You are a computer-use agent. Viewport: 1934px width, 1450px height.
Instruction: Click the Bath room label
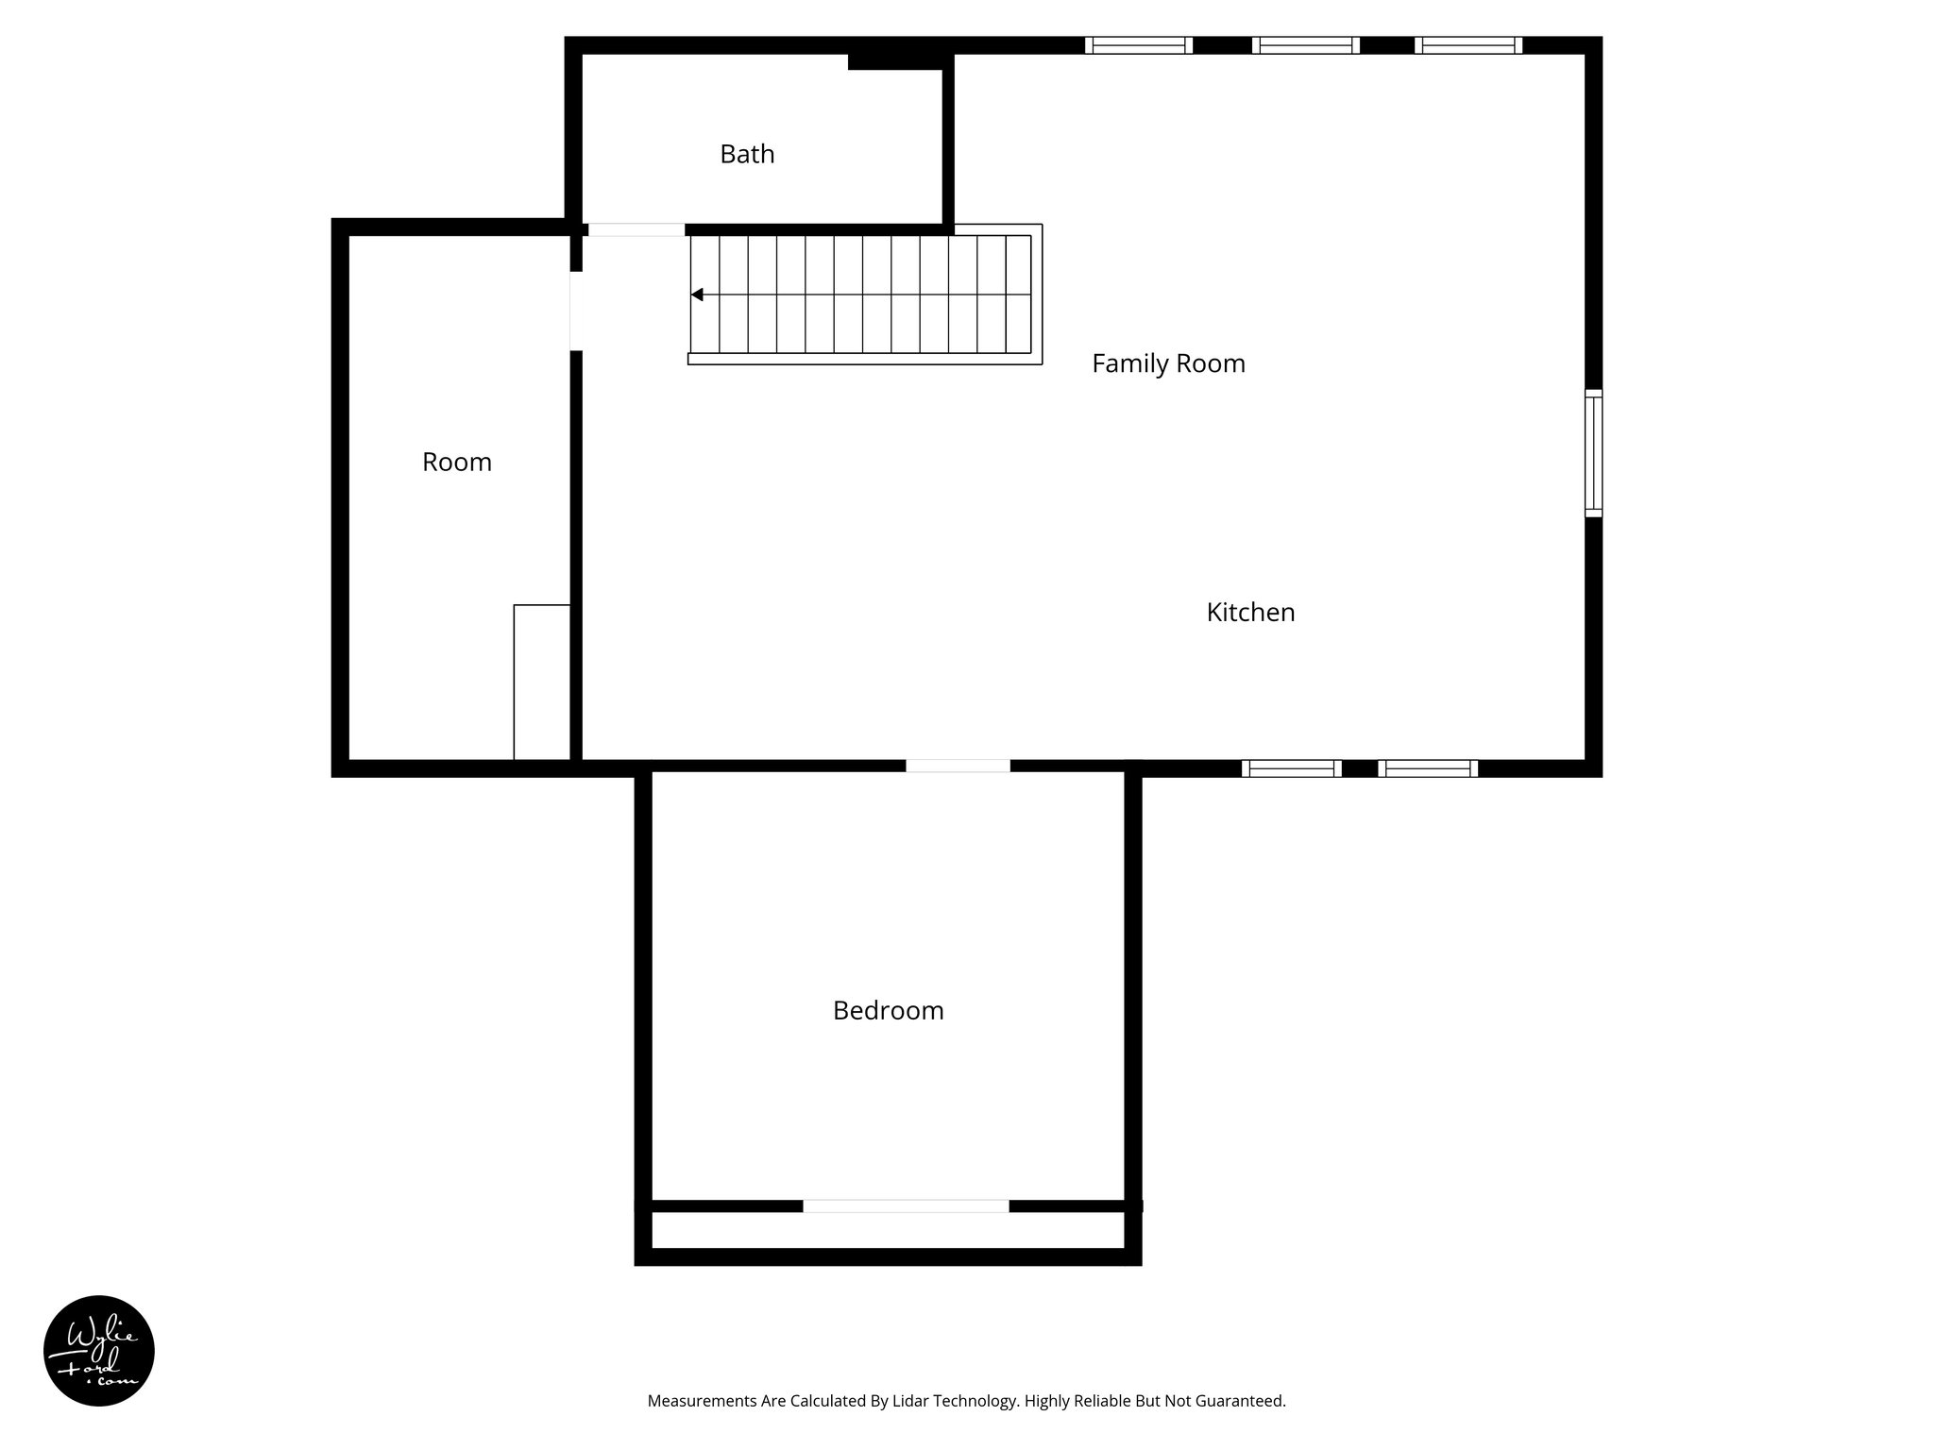[x=747, y=154]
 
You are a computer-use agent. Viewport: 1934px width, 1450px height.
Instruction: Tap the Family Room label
[x=1168, y=363]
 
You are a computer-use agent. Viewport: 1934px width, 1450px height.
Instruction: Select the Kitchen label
[x=1250, y=613]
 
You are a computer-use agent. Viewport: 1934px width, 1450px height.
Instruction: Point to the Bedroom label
[x=888, y=1011]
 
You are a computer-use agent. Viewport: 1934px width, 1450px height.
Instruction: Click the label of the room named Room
[x=457, y=463]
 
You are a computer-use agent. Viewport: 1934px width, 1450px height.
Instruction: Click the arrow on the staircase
[x=697, y=295]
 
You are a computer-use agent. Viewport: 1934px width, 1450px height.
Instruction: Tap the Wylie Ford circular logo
[x=99, y=1350]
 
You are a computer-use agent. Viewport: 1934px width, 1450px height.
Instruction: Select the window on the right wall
[x=1593, y=453]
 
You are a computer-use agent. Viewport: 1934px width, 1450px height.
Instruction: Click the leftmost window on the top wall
[x=1138, y=45]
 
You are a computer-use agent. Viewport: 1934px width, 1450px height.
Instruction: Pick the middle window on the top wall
[x=1305, y=45]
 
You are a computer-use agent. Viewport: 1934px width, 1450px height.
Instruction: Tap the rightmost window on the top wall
[x=1467, y=45]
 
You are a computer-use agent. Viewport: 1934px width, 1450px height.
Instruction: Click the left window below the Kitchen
[x=1291, y=768]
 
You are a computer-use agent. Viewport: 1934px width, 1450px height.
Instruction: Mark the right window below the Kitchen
[x=1428, y=768]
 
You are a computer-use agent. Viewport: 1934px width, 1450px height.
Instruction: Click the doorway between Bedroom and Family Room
[x=958, y=767]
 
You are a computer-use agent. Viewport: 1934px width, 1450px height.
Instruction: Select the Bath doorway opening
[x=636, y=229]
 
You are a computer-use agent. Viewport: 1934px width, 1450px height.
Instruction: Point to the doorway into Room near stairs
[x=576, y=311]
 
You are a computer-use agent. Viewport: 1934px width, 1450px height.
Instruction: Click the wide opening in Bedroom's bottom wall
[x=906, y=1206]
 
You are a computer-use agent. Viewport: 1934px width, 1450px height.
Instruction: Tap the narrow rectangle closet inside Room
[x=542, y=682]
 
